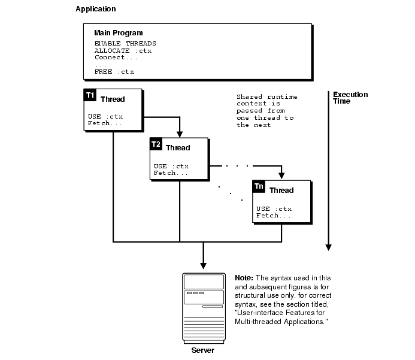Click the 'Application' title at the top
point(96,10)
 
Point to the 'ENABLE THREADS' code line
point(125,44)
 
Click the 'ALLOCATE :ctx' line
point(123,51)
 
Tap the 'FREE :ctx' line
point(114,72)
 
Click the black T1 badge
point(90,95)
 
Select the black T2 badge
point(156,144)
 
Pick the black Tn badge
point(259,186)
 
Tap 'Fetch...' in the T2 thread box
point(171,173)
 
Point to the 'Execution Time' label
point(350,98)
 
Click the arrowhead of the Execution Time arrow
point(328,246)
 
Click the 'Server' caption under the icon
point(202,350)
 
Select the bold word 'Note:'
point(244,279)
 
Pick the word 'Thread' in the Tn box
point(281,190)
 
